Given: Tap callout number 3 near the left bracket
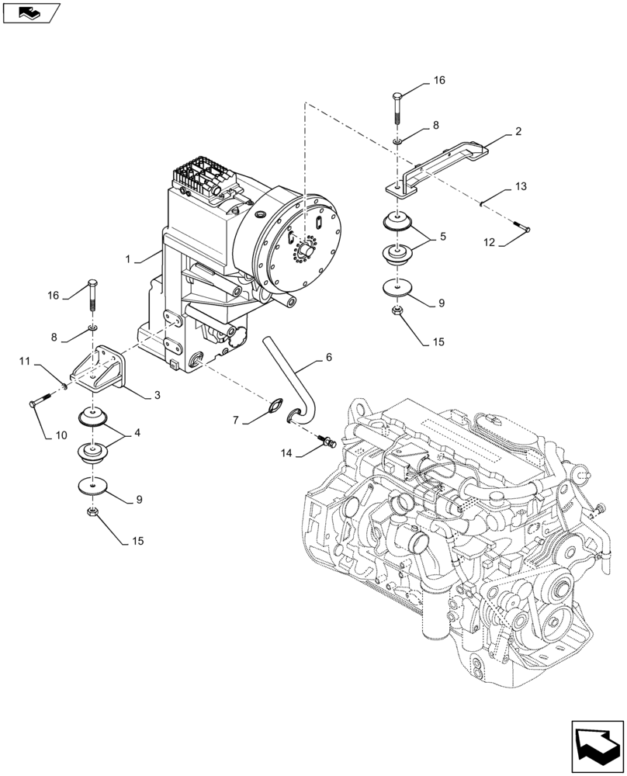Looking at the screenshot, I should coord(158,395).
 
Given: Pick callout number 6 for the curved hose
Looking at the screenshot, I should coord(328,357).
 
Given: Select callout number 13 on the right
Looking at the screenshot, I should coord(519,187).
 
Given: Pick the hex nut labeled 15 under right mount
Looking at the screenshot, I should coord(396,312).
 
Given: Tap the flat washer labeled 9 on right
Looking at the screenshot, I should coord(397,288).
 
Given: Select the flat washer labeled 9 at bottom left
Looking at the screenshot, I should coord(92,487).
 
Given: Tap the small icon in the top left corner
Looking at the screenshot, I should coord(31,12).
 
